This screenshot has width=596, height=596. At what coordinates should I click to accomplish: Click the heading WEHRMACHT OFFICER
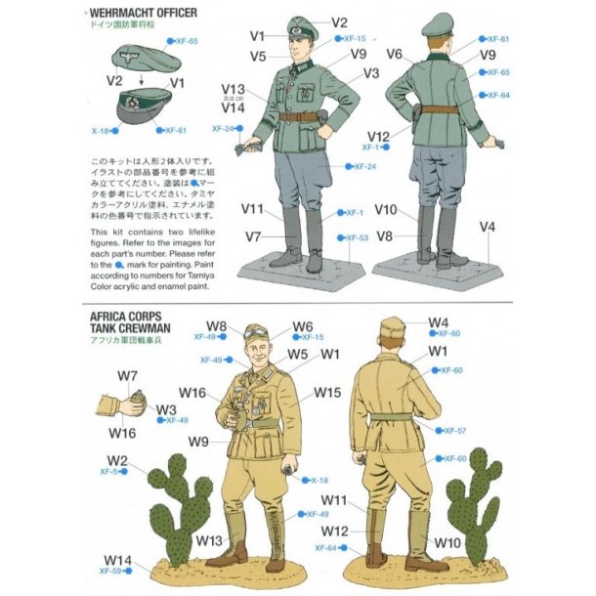click(x=142, y=12)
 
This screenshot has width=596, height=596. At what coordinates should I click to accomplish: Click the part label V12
click(x=379, y=136)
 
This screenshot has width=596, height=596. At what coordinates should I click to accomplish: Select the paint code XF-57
click(x=455, y=431)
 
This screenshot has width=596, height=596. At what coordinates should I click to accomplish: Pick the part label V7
click(x=253, y=236)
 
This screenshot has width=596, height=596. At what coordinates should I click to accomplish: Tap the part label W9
click(x=199, y=441)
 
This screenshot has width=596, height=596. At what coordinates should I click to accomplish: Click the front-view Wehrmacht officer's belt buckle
click(x=295, y=116)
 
